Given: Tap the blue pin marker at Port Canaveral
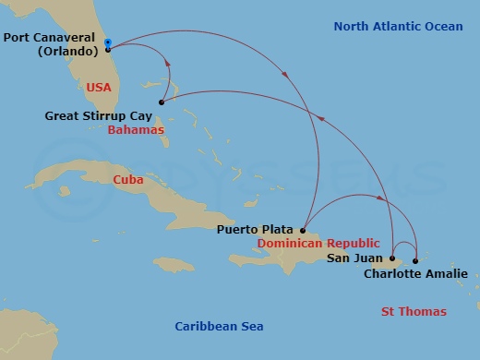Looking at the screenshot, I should pyautogui.click(x=108, y=43).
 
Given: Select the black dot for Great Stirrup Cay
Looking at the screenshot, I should pyautogui.click(x=162, y=102).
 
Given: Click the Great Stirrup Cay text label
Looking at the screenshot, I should pyautogui.click(x=98, y=116).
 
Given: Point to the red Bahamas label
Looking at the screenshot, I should pyautogui.click(x=136, y=130).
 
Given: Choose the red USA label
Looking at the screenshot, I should pyautogui.click(x=98, y=86).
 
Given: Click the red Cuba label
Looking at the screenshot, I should pyautogui.click(x=127, y=180).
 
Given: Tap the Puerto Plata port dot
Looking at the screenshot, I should pyautogui.click(x=303, y=230).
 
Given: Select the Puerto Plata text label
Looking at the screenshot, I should pyautogui.click(x=256, y=229).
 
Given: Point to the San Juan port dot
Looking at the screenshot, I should pyautogui.click(x=392, y=258).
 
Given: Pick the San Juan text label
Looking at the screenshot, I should pyautogui.click(x=355, y=258).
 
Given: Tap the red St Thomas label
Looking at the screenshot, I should pyautogui.click(x=414, y=312).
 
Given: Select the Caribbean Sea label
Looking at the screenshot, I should pyautogui.click(x=220, y=326).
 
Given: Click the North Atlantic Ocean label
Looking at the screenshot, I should pyautogui.click(x=399, y=27).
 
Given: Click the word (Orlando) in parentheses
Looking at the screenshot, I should pyautogui.click(x=67, y=51).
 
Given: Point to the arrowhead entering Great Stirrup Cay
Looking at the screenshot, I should pyautogui.click(x=168, y=64).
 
